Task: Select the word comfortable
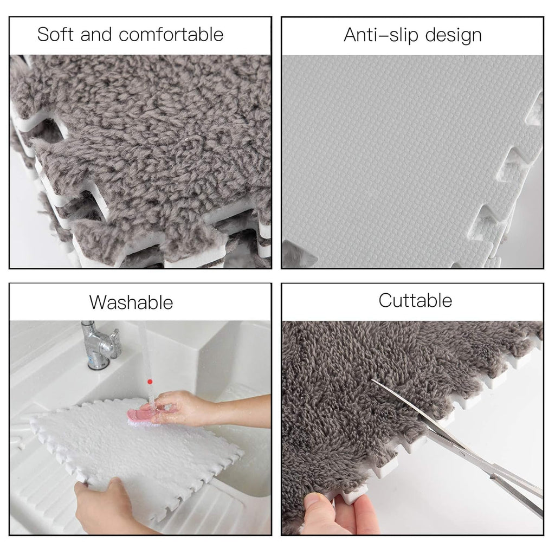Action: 171,35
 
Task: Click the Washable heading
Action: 131,302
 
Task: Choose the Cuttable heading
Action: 415,300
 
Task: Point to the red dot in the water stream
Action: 150,382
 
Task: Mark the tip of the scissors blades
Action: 373,380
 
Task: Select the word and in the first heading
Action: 97,35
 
